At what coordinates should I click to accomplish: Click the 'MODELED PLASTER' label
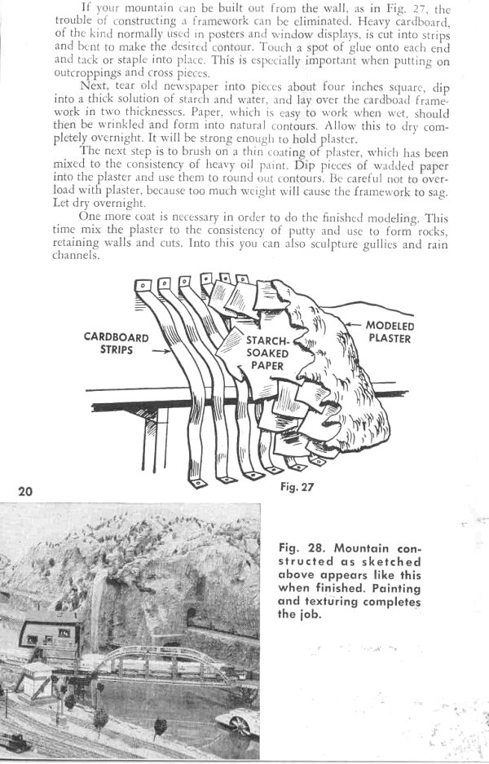click(x=390, y=332)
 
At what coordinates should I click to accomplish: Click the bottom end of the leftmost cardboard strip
click(x=195, y=482)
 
